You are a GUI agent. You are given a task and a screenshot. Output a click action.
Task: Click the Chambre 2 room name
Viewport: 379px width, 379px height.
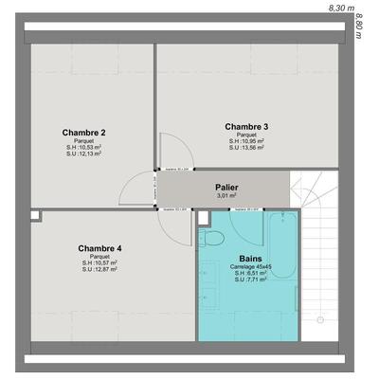pos(83,132)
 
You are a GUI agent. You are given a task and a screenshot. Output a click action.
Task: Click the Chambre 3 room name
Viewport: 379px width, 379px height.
pos(246,126)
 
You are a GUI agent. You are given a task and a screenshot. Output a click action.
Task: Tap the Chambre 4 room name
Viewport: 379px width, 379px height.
pos(99,248)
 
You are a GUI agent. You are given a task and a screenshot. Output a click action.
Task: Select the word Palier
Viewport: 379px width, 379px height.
pos(226,188)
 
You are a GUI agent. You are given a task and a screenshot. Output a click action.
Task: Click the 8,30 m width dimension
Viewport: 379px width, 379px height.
pos(339,7)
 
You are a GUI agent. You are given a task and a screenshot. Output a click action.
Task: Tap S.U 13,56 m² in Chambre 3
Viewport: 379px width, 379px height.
pos(246,149)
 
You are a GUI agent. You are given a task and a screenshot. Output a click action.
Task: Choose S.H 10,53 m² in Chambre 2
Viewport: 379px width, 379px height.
pos(83,148)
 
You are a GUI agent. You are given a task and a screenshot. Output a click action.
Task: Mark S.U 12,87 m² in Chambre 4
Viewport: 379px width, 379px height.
pos(99,270)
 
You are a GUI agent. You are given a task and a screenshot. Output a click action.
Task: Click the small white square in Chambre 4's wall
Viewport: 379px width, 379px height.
pos(35,216)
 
